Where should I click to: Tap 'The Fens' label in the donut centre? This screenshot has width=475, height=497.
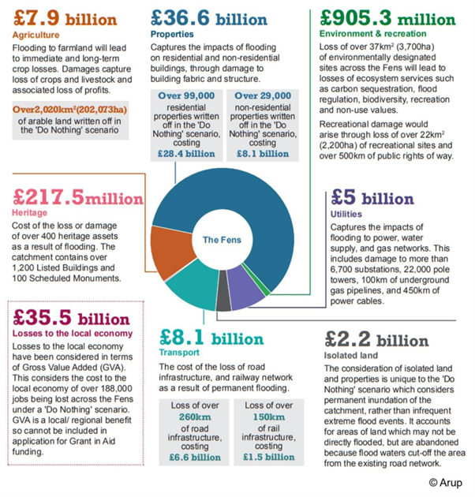[x=220, y=240]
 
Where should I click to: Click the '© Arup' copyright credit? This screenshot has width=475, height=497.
[x=445, y=482]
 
